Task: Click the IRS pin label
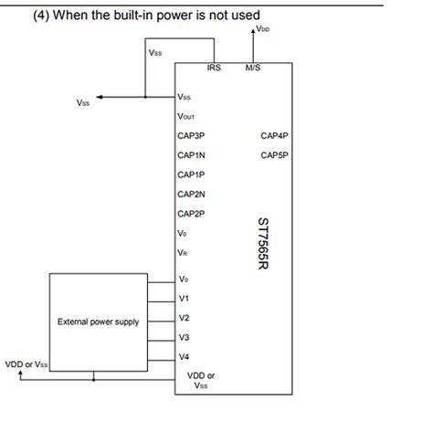214,68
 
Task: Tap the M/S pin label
253,68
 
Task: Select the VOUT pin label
186,116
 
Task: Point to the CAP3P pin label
191,135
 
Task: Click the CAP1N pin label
191,155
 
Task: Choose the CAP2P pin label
191,214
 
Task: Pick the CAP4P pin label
274,135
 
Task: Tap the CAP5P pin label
274,155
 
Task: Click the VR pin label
183,253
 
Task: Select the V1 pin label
184,299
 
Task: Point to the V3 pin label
184,337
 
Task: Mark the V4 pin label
184,356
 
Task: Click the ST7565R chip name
263,244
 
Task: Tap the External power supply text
99,322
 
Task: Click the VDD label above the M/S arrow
263,29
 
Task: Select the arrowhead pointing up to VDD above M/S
253,31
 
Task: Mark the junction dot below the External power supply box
93,380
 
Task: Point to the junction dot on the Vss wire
145,97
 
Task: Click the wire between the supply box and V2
162,322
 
